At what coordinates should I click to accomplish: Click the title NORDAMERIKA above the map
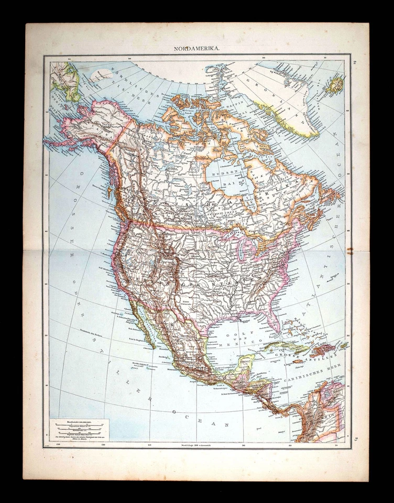[x=197, y=49]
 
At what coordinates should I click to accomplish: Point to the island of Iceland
[x=333, y=84]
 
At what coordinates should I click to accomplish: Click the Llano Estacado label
[x=190, y=303]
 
